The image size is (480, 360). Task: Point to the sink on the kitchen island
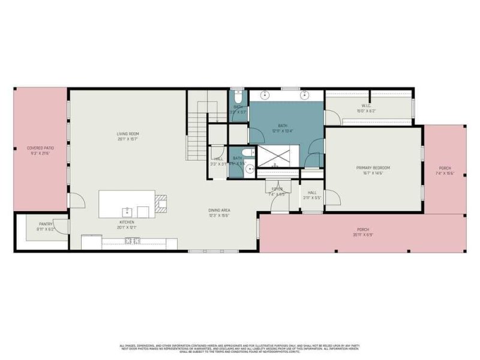point(127,211)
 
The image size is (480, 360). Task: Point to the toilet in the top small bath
point(238,96)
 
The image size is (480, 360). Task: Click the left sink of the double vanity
point(265,94)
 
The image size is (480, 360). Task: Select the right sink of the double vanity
point(305,94)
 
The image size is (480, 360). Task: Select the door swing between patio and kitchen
point(76,200)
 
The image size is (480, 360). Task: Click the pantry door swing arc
point(62,226)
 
